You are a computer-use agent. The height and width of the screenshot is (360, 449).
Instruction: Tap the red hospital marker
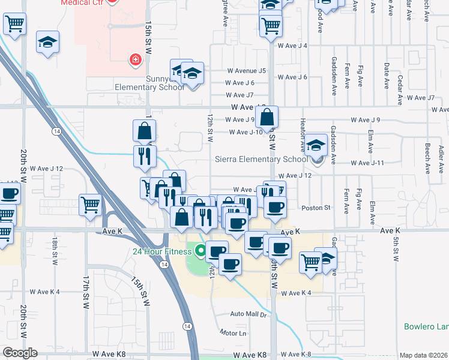pyautogui.click(x=136, y=59)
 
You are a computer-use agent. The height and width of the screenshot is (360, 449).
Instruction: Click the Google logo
pyautogui.click(x=20, y=353)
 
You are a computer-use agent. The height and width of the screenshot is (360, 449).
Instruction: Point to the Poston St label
pyautogui.click(x=316, y=208)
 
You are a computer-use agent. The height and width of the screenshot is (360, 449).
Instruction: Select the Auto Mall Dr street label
pyautogui.click(x=249, y=314)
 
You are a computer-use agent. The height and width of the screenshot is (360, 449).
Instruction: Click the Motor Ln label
pyautogui.click(x=234, y=332)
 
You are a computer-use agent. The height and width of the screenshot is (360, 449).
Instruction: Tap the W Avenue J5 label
pyautogui.click(x=246, y=71)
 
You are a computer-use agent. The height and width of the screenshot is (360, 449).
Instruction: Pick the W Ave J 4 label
pyautogui.click(x=292, y=46)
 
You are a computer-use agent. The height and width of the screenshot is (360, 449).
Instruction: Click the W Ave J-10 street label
pyautogui.click(x=246, y=132)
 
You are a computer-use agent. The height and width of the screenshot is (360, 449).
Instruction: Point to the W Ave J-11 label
pyautogui.click(x=367, y=163)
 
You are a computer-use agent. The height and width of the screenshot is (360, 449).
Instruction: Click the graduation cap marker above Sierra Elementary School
pyautogui.click(x=316, y=146)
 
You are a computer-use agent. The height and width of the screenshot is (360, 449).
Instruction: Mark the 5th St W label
pyautogui.click(x=396, y=248)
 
